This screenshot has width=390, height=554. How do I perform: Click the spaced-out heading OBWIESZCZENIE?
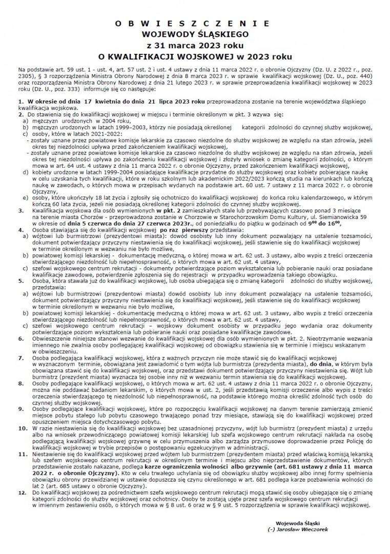tap(195, 24)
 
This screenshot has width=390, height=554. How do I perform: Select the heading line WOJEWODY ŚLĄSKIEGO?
tap(195, 34)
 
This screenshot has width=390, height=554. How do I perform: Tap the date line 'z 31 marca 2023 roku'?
tap(195, 45)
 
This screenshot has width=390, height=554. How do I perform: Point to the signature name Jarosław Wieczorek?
tap(300, 528)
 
